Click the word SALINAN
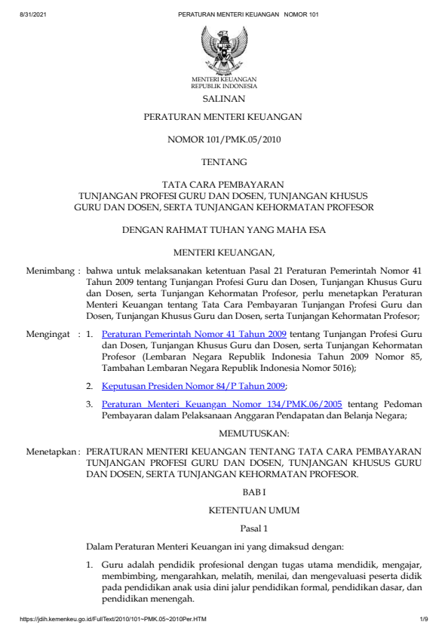[223, 99]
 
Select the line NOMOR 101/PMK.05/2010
[223, 139]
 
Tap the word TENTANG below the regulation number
[223, 161]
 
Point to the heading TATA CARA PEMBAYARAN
[223, 184]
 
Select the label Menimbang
[52, 269]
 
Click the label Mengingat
[51, 333]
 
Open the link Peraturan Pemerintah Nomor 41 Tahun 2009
[194, 333]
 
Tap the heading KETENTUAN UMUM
[253, 510]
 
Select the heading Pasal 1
[253, 528]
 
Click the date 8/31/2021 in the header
[33, 15]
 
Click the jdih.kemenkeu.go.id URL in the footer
[113, 620]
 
